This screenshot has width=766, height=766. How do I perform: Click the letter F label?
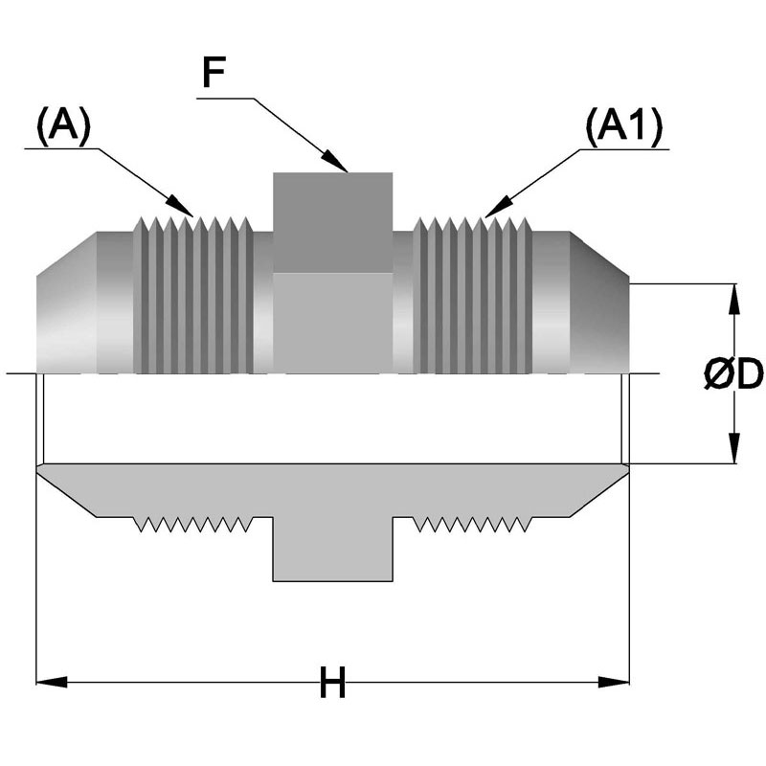coord(214,73)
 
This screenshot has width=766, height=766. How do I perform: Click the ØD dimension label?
coord(733,374)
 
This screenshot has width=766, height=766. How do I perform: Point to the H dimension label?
coord(332,683)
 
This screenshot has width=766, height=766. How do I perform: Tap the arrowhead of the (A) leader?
coord(180,206)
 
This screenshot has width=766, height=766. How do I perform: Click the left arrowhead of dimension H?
coord(52,682)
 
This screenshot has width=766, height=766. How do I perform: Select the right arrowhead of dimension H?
coord(614,682)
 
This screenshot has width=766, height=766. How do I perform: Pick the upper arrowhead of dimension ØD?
coord(733,299)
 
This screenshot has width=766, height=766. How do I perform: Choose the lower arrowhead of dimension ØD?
coord(733,448)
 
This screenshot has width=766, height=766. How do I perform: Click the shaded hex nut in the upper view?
coord(332,273)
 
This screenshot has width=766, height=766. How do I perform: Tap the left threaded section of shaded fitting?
coord(193,295)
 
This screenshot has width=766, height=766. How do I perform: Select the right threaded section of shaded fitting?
coord(472,295)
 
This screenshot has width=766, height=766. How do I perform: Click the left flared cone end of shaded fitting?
coord(66,303)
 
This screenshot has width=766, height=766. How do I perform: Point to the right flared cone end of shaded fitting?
coord(599,303)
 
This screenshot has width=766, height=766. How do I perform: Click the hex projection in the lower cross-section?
coord(332,549)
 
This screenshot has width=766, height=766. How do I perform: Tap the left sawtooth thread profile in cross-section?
coord(193,524)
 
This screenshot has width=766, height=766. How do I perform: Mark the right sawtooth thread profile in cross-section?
coord(472,524)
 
